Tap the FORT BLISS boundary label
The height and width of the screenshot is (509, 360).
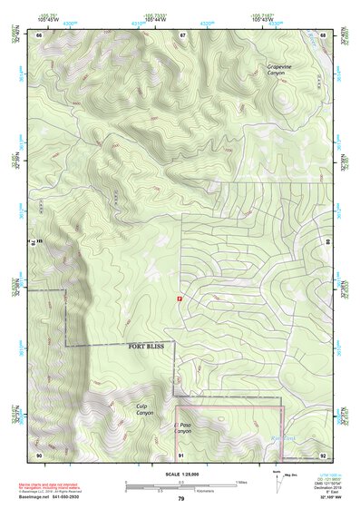149,347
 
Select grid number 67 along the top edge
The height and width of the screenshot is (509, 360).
182,34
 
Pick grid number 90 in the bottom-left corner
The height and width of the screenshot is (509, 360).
39,454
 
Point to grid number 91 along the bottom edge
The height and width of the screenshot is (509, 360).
180,454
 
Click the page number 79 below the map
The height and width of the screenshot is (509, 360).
180,499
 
